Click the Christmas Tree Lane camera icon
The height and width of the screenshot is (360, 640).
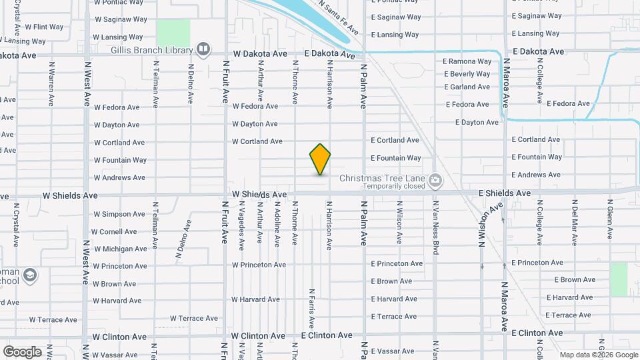coord(435,179)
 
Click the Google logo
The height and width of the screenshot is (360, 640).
coord(22,351)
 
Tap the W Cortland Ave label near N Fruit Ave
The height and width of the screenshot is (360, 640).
coord(257,141)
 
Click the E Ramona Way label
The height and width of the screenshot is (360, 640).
coord(467,61)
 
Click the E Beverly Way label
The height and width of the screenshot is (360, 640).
coord(467,74)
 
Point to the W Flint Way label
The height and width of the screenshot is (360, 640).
coord(44,27)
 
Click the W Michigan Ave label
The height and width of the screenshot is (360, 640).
coord(120,249)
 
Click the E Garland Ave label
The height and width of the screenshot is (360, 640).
coord(467,87)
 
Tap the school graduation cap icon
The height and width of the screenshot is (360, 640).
coord(29,275)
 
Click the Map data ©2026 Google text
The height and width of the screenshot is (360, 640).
coord(598,355)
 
